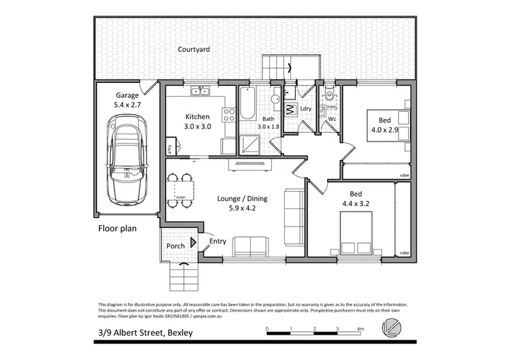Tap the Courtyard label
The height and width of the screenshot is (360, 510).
click(194, 50)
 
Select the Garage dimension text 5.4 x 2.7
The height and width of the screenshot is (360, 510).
click(126, 105)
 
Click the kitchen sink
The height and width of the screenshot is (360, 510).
click(199, 89)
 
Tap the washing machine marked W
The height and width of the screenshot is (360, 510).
click(288, 108)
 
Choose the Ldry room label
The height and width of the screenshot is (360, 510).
click(305, 109)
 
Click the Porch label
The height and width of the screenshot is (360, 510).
click(175, 246)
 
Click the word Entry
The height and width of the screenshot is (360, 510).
click(218, 241)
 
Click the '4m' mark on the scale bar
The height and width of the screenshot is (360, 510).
click(361, 329)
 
